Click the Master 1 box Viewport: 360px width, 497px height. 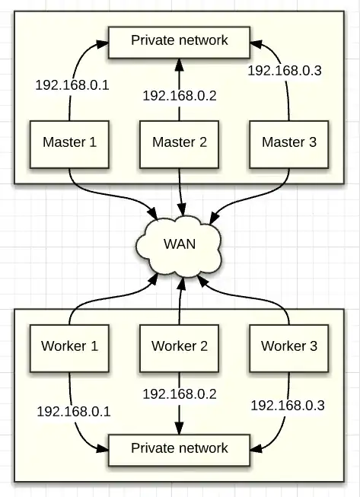[x=69, y=142]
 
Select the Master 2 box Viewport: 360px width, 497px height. [x=179, y=142]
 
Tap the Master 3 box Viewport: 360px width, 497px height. [x=288, y=142]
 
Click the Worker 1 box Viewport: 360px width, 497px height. [x=69, y=346]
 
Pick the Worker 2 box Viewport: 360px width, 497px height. [x=179, y=346]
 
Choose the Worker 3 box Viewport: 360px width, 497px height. [x=288, y=346]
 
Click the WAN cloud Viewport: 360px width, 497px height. [x=180, y=245]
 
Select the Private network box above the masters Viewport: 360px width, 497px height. [x=179, y=40]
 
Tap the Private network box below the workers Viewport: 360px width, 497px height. [x=179, y=448]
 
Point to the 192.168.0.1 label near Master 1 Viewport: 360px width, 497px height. [x=72, y=84]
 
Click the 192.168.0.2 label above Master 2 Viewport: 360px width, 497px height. [x=180, y=96]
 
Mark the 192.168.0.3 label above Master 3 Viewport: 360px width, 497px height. [x=285, y=71]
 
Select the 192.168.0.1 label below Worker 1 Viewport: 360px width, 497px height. [x=74, y=412]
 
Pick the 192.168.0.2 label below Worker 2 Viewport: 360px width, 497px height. [x=180, y=394]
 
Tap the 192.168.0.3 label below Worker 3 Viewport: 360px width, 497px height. [x=288, y=405]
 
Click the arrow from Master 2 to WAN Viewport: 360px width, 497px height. [x=180, y=190]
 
